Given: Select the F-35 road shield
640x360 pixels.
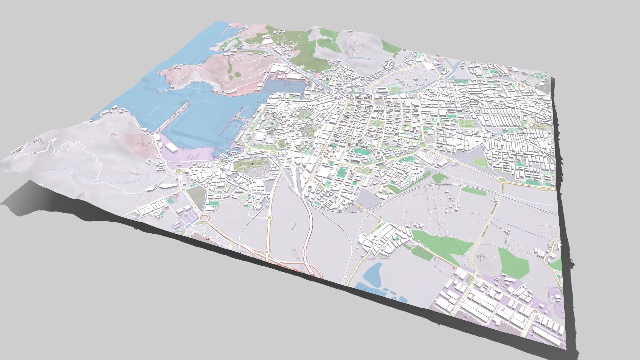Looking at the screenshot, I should [453, 268].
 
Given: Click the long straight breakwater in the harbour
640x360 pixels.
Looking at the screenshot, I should [172, 118].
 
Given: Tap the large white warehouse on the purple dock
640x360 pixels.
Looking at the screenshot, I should [172, 147].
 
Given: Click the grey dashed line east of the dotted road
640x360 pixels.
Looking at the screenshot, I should [520, 230].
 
